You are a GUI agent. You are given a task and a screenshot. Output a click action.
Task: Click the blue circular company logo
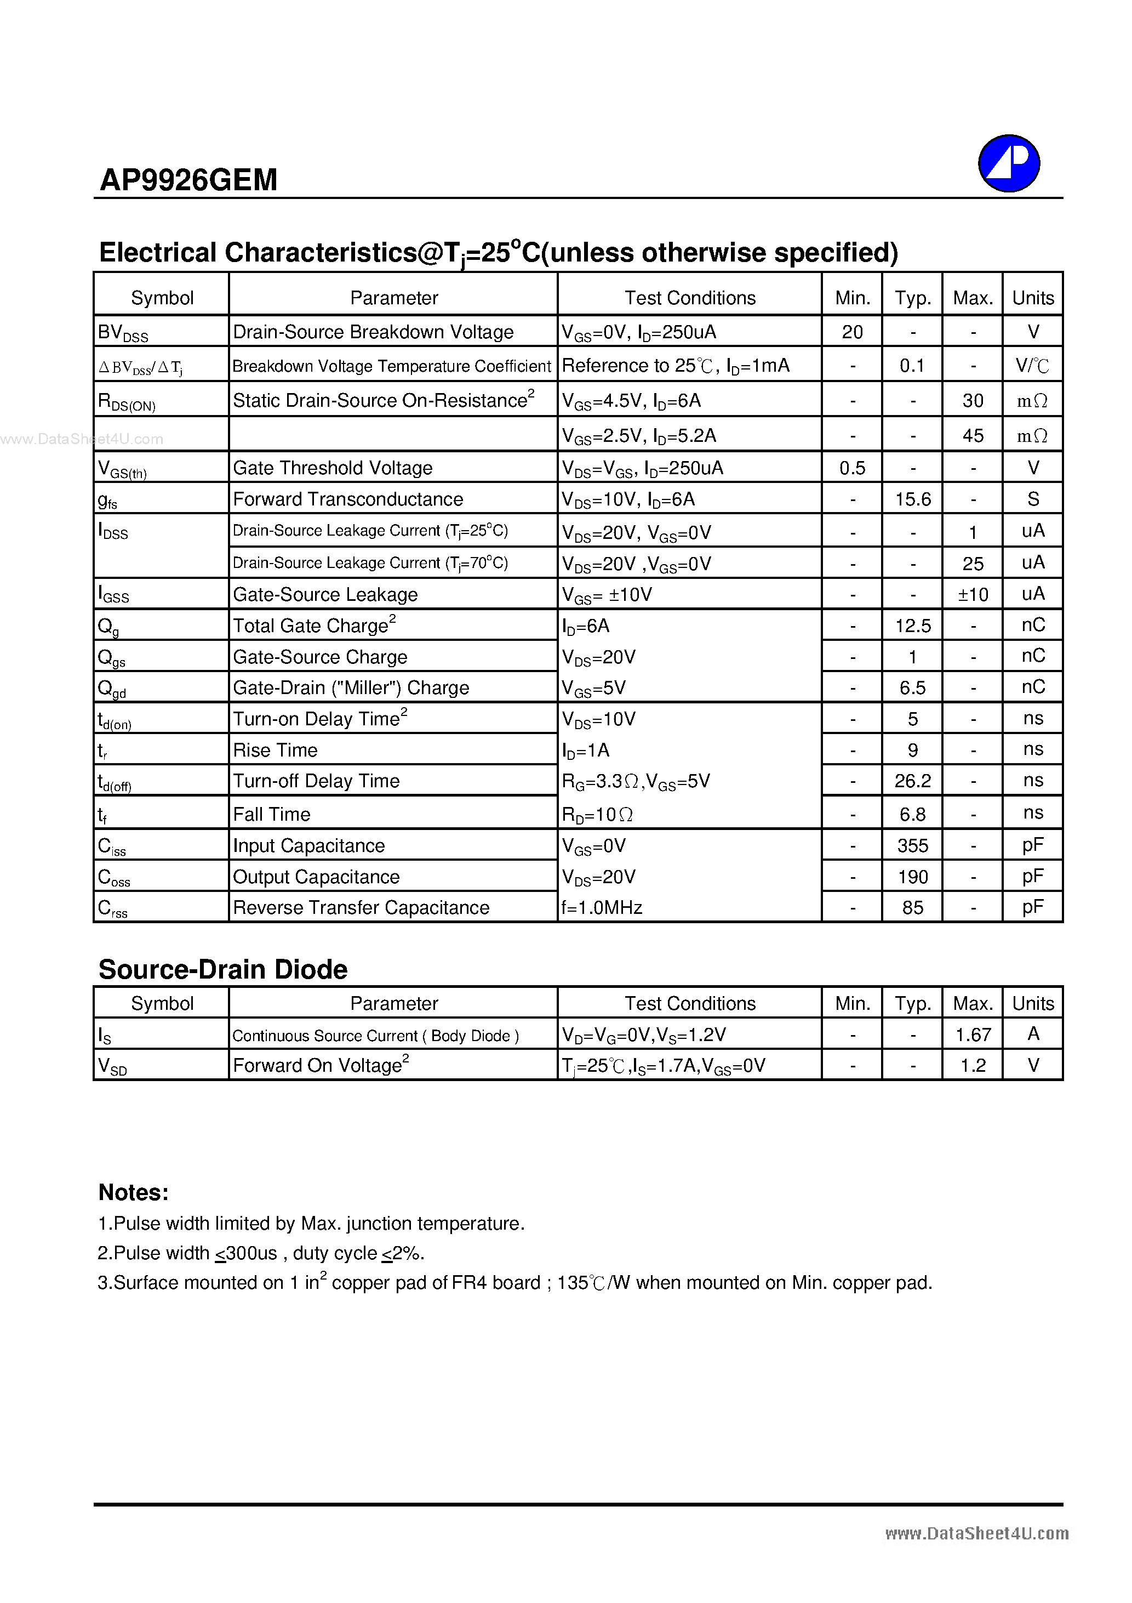[1009, 163]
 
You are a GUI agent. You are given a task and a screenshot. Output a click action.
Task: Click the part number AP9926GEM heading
[188, 180]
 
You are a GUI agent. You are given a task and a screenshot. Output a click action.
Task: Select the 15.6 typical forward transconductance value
[912, 499]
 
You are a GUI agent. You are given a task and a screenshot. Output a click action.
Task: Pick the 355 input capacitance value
[912, 845]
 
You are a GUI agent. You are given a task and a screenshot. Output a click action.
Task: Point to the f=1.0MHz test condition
[602, 908]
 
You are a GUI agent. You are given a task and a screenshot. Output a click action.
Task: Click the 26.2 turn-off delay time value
[912, 781]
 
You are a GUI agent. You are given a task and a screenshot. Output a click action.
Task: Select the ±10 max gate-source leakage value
[973, 595]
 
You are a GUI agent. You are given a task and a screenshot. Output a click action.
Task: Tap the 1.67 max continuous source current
[973, 1034]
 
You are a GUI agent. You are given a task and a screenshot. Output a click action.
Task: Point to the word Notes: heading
[133, 1192]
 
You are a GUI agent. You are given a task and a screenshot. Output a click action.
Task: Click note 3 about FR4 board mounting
[514, 1282]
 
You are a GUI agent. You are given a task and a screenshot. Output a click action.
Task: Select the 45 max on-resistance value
[973, 436]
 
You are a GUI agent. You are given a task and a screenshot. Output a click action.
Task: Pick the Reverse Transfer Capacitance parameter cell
[361, 908]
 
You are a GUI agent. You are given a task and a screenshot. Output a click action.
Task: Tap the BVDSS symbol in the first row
[123, 333]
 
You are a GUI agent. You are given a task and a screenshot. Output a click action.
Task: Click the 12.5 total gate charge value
[912, 626]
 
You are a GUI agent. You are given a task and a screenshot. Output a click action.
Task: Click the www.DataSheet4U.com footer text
[976, 1533]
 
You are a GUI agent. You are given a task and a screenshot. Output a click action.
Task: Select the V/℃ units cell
[1032, 366]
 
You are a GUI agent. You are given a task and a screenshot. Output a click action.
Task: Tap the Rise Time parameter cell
[275, 750]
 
